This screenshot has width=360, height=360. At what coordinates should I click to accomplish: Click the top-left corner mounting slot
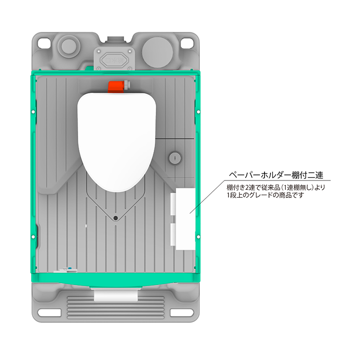pos(42,44)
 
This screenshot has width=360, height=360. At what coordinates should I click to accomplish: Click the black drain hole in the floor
pos(115,218)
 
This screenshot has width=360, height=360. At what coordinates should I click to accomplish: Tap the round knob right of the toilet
pos(174,157)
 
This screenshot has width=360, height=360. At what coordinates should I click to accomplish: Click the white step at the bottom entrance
pos(114,295)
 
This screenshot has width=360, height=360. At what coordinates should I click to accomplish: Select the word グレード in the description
pos(262,196)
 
